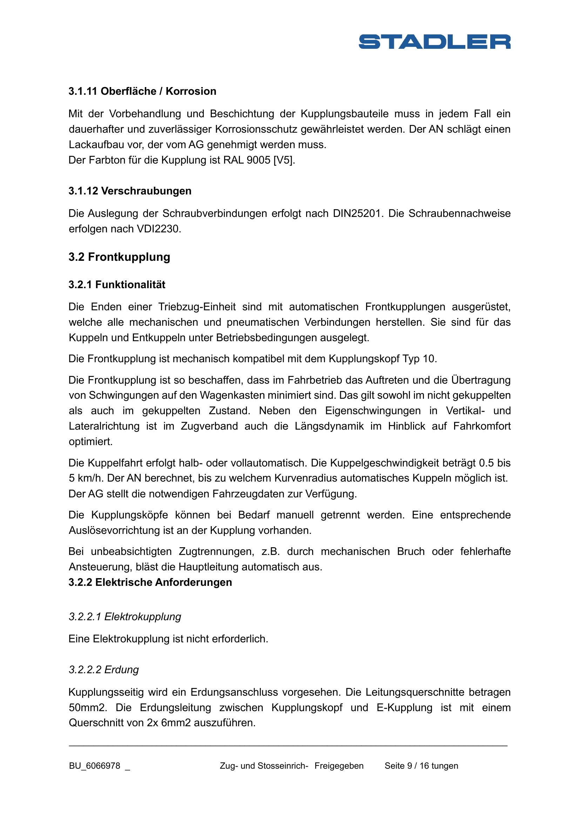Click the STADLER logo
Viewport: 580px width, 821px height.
click(434, 41)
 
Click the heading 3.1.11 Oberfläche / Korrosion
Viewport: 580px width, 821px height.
click(142, 91)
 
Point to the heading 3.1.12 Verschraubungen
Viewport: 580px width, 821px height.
click(130, 191)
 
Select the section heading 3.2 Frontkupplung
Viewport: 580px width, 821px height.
click(119, 257)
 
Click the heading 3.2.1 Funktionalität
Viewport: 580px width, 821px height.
click(117, 285)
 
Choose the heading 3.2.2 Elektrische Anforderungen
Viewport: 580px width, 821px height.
click(150, 583)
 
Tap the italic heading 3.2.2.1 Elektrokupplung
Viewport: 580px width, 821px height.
click(124, 617)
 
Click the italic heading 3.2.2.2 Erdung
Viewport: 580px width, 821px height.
click(103, 670)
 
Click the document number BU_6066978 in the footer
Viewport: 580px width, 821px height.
click(95, 766)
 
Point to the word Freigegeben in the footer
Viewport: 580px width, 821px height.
click(339, 766)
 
